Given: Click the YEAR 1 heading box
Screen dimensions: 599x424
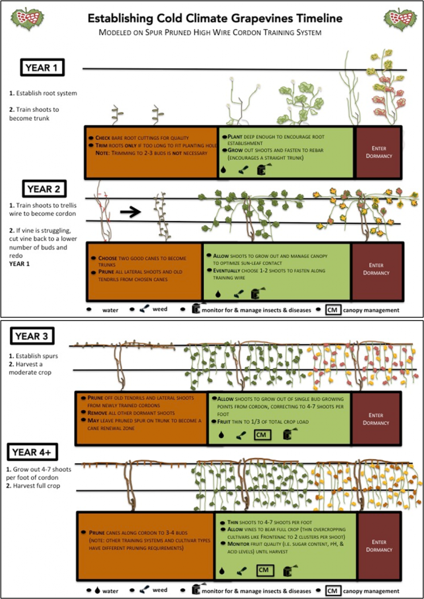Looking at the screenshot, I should pyautogui.click(x=42, y=68).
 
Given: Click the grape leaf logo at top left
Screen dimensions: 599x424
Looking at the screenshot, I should pyautogui.click(x=27, y=19).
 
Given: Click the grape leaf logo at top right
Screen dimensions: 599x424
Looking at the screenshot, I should pyautogui.click(x=399, y=19).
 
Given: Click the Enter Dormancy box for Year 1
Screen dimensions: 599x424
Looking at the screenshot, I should pyautogui.click(x=378, y=152).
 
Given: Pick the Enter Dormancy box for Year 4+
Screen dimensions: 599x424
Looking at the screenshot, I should pyautogui.click(x=379, y=546).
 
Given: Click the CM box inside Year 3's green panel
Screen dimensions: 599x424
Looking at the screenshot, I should pyautogui.click(x=262, y=434).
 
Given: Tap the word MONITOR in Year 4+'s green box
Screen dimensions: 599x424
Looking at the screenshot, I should pyautogui.click(x=232, y=545).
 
